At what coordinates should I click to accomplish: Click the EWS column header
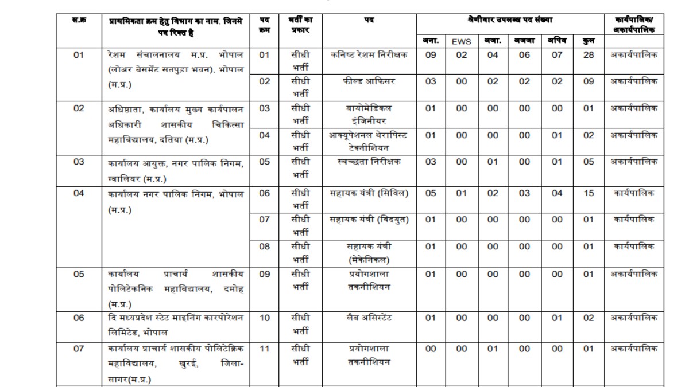click(462, 41)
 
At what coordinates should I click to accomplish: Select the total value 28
click(589, 55)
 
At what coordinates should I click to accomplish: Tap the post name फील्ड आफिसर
click(369, 81)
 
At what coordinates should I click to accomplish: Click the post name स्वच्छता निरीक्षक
click(369, 162)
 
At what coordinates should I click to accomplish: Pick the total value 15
click(589, 193)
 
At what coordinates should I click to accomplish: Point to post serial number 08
click(264, 246)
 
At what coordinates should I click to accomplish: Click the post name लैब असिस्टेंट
click(369, 318)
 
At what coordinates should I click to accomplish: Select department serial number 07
click(79, 349)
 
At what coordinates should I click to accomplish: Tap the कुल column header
click(589, 41)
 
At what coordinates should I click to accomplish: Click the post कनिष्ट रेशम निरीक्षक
click(369, 55)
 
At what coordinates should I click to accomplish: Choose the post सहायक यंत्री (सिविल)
click(369, 193)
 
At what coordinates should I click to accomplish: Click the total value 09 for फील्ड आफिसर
click(589, 81)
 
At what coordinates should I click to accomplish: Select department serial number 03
click(79, 162)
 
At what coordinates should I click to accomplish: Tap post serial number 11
click(264, 349)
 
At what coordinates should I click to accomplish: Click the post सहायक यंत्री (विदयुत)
click(369, 220)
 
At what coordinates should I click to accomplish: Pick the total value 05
click(589, 162)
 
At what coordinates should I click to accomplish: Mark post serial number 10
click(264, 318)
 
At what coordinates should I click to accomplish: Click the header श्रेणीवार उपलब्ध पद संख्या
click(510, 21)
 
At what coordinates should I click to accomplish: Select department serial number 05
click(79, 274)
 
